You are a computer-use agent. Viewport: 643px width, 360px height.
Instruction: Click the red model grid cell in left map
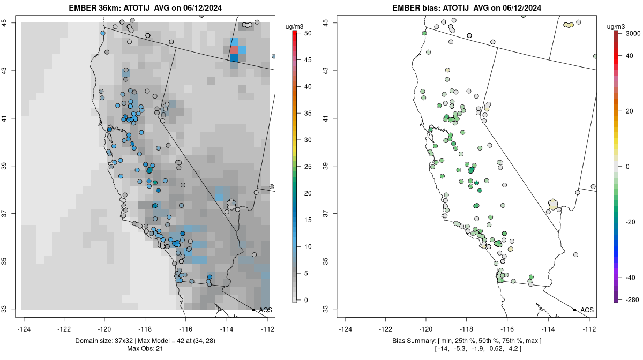pyautogui.click(x=234, y=50)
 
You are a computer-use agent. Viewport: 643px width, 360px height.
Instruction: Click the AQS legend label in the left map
pyautogui.click(x=266, y=310)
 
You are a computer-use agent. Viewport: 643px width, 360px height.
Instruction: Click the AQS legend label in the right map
pyautogui.click(x=587, y=310)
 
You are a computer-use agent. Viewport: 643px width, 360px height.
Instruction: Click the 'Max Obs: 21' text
pyautogui.click(x=145, y=349)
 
